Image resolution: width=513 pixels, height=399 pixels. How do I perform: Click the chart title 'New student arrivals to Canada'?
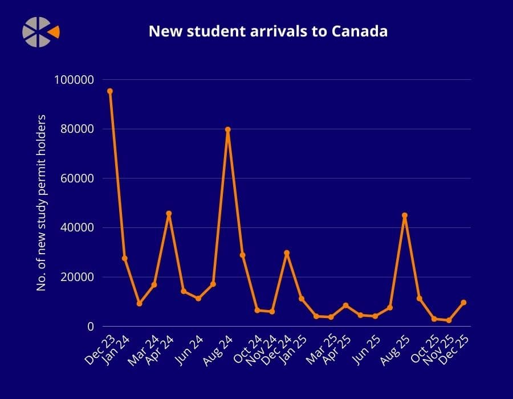pos(268,31)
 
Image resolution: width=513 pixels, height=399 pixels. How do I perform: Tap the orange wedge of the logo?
pos(54,32)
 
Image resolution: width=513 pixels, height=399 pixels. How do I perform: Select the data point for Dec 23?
pos(110,91)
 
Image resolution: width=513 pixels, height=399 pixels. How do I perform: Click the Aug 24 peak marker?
pos(228,129)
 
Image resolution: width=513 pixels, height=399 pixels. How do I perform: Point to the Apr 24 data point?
pos(169,214)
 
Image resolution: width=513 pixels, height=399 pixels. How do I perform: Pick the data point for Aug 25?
pos(405,215)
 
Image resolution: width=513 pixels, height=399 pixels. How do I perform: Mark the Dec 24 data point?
pos(287,253)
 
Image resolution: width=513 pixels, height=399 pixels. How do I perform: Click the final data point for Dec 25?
pos(463,303)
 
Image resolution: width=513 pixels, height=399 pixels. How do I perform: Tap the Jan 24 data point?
pos(125,258)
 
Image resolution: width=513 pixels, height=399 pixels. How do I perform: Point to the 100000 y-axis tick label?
pos(74,80)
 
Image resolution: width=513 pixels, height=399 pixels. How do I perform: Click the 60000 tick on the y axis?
pos(77,178)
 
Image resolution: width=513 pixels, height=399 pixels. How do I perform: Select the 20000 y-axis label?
pos(77,277)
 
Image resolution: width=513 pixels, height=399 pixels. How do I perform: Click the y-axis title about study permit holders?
pos(41,203)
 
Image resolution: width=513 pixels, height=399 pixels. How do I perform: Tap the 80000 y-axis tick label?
pos(77,129)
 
